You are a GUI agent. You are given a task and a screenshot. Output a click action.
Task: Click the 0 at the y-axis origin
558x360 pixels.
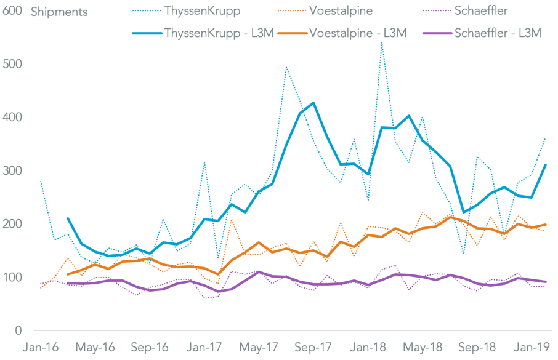18,330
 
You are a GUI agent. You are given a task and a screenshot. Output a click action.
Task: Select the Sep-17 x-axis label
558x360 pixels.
312,348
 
